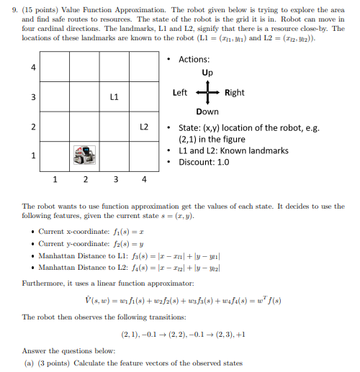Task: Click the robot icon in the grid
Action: point(85,154)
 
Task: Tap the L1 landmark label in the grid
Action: point(114,96)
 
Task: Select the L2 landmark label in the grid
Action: point(144,125)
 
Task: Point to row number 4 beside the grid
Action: point(32,67)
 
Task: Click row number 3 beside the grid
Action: point(32,96)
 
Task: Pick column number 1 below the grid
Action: point(55,178)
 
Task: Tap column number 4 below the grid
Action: point(144,178)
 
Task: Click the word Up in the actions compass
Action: point(207,73)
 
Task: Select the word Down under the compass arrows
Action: point(207,112)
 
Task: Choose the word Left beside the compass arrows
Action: point(181,93)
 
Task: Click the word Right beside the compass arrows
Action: point(235,93)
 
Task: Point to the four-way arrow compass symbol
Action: point(207,93)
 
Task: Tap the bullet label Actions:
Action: point(194,59)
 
